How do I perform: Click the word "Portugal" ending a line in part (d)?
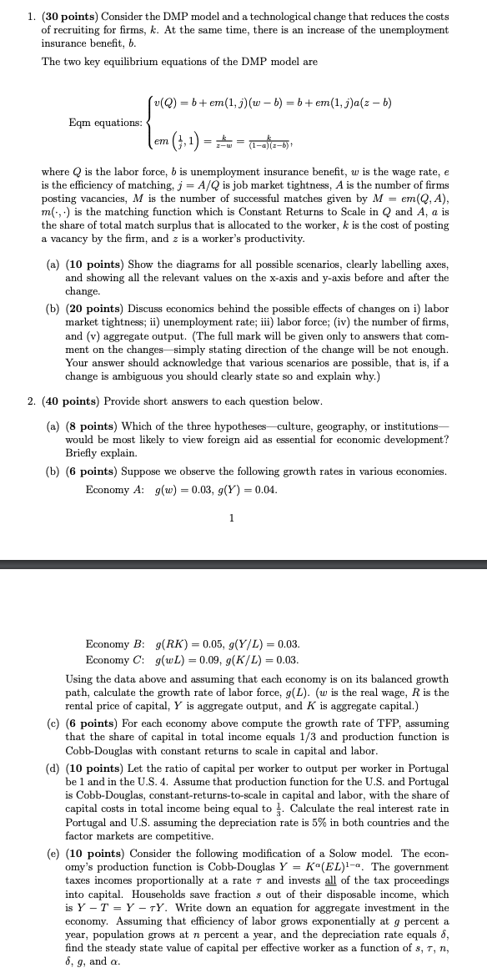tap(428, 768)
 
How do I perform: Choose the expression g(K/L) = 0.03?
tap(264, 661)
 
